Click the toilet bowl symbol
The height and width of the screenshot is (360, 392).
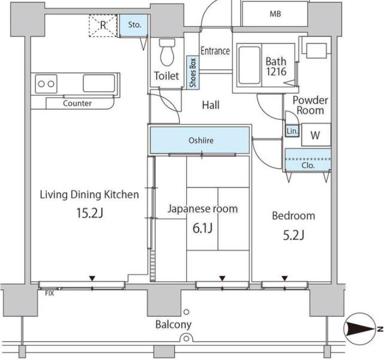pos(167,52)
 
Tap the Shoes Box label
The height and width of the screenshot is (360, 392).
pos(193,72)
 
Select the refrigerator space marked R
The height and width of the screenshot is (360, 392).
pos(103,26)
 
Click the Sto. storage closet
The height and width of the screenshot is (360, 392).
pos(134,25)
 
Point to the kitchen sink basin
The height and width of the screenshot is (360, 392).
pos(99,83)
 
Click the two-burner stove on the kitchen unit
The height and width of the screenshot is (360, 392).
pos(46,84)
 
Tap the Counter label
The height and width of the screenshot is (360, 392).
pos(77,103)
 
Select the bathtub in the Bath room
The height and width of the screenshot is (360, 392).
pos(249,65)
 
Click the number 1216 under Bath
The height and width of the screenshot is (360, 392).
pos(276,72)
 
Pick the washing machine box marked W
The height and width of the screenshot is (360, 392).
pos(316,135)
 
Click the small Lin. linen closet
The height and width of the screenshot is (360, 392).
pos(292,131)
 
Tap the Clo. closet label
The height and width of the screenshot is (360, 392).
pos(308,165)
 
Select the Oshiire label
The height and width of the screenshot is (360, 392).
pos(201,141)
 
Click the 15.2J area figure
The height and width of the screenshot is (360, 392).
pos(90,213)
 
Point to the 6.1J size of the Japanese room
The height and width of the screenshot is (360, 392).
pos(203,228)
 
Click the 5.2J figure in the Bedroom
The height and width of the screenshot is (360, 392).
pos(293,235)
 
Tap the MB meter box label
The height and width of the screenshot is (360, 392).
pos(275,14)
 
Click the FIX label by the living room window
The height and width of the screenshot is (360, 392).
pos(50,293)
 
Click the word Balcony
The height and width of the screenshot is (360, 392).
pos(174,325)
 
